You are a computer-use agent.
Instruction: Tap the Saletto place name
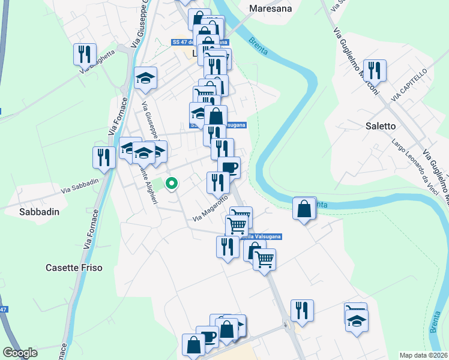coord(381,126)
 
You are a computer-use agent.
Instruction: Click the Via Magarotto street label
coord(210,209)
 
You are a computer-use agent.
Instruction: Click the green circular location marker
coord(172,184)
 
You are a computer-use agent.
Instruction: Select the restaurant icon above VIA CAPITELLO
coord(375,70)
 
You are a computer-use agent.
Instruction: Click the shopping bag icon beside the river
coord(304,209)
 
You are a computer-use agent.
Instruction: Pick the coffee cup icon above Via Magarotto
coord(229,167)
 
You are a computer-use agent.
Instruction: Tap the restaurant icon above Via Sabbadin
coord(104,157)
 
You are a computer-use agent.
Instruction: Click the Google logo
coord(20,353)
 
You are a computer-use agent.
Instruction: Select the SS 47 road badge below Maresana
coord(182,42)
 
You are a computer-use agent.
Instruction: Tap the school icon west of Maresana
coord(145,78)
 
